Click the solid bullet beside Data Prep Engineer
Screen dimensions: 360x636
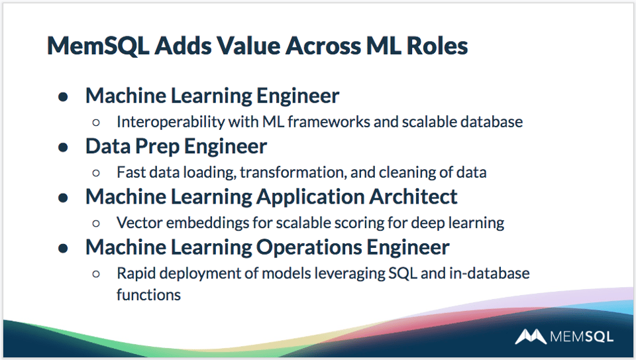(64, 147)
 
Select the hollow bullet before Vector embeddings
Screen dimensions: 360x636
(97, 223)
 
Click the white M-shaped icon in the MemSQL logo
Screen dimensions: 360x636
(530, 337)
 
